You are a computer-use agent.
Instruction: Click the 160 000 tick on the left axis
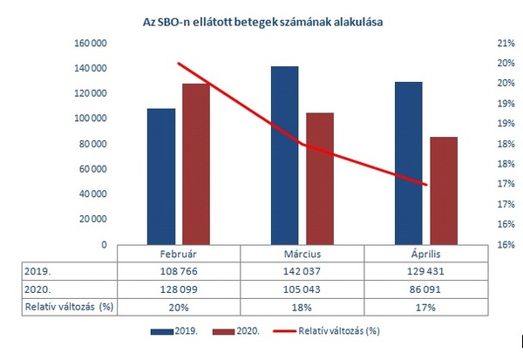click(91, 43)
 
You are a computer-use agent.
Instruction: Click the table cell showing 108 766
click(178, 271)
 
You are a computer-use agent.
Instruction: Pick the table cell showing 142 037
click(302, 271)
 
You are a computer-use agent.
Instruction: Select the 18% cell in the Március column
click(302, 307)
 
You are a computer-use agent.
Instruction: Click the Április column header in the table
click(425, 253)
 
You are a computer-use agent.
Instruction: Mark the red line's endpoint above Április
click(425, 185)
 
